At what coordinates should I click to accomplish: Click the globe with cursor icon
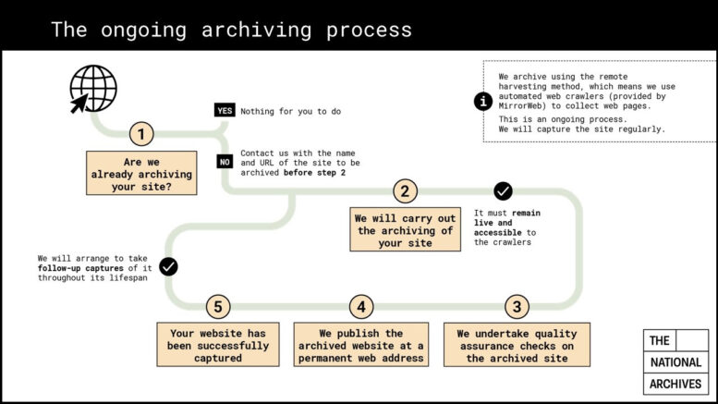coord(93,89)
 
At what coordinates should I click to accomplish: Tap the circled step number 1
coord(141,134)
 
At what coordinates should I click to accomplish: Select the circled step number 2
coord(405,191)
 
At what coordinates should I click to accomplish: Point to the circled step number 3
coord(517,307)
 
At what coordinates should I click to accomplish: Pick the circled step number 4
coord(361,307)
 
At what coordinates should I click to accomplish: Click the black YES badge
coord(224,111)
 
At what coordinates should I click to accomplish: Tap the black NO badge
coord(224,161)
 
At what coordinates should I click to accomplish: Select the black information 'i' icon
coord(483,102)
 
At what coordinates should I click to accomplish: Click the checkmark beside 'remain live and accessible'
coord(503,191)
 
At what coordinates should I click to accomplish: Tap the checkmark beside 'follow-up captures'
coord(168,266)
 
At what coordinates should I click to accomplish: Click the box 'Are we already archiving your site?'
coord(142,173)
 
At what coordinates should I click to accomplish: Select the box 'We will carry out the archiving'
coord(405,230)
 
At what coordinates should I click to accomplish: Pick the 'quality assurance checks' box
coord(517,346)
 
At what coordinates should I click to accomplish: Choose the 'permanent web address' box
coord(361,346)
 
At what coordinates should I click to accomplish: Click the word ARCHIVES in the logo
coord(675,384)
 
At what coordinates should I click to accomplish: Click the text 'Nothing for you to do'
coord(290,112)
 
